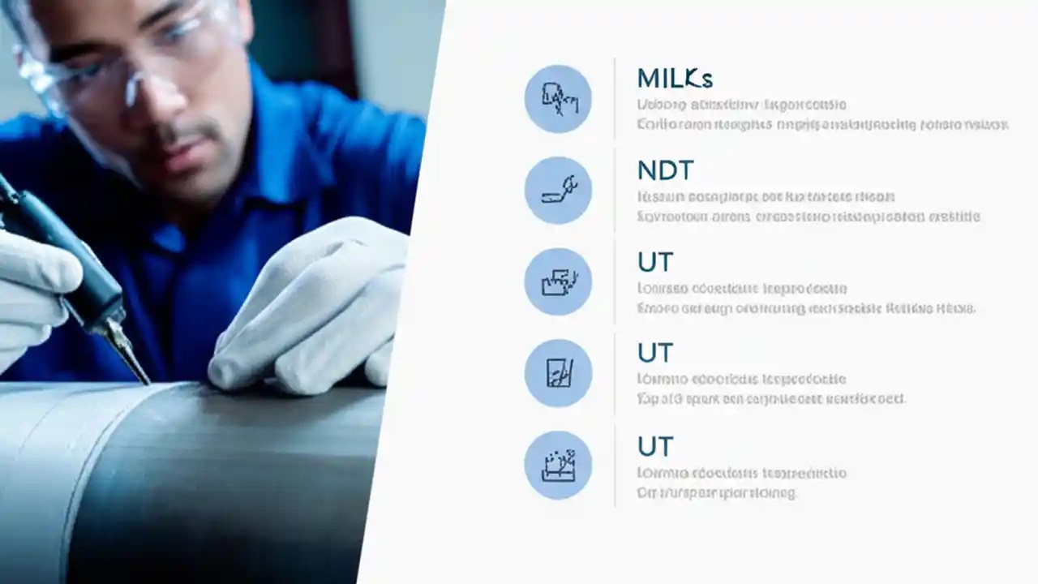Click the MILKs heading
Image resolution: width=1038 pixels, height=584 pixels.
click(675, 79)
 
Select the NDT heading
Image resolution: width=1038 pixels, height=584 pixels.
click(666, 170)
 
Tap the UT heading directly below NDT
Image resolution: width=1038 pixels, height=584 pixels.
click(655, 262)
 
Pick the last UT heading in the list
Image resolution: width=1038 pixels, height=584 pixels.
click(655, 446)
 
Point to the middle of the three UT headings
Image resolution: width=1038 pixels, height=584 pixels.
click(655, 353)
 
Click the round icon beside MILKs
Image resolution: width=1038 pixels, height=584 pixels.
click(558, 99)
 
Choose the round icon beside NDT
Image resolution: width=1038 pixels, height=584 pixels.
click(558, 191)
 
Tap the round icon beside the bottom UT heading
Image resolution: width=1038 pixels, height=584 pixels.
click(558, 466)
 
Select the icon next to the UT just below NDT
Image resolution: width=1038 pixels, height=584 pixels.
click(558, 282)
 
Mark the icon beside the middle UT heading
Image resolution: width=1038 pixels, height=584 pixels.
click(558, 373)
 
